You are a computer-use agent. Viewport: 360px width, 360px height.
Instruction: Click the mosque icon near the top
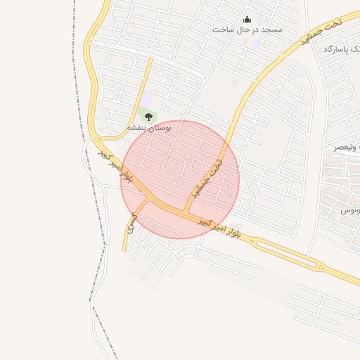point(247,19)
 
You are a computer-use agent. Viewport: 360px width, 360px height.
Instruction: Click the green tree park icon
point(148,116)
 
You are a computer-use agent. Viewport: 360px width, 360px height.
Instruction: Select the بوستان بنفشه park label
point(149,128)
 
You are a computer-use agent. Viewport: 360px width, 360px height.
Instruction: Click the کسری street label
point(129,224)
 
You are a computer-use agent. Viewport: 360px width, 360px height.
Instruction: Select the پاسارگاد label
point(342,51)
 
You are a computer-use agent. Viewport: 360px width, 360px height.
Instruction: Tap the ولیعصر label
point(349,148)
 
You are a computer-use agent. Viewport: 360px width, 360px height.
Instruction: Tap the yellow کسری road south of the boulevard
point(126,239)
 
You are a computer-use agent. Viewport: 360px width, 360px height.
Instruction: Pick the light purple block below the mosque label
point(255,44)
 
